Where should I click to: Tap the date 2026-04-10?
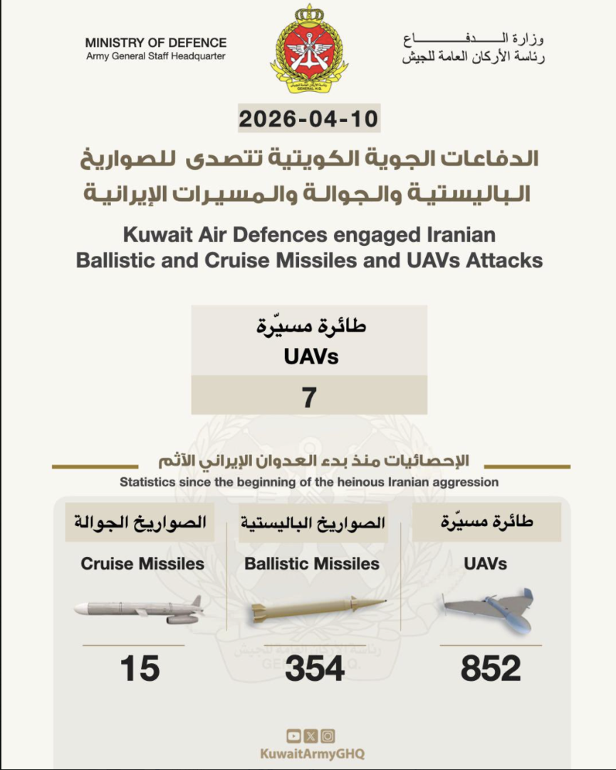308,118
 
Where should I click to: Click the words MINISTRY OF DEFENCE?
156,43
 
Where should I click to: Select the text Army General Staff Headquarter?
156,56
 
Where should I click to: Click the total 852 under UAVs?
491,669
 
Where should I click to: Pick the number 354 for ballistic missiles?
315,669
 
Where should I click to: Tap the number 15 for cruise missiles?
140,669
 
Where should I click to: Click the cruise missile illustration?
140,610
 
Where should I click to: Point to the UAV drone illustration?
488,608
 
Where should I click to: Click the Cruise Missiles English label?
142,564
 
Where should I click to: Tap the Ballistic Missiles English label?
312,564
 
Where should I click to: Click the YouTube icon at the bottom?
293,736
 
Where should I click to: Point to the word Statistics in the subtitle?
145,482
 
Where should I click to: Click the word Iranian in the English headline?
453,234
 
